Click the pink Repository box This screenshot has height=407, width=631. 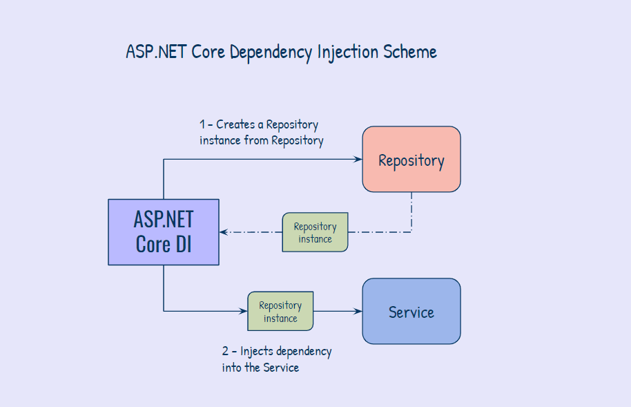tap(411, 159)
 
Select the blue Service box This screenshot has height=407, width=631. tap(411, 311)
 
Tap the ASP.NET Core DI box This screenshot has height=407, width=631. tap(164, 232)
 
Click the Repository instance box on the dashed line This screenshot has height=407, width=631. tap(315, 232)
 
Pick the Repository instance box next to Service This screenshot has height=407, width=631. tap(280, 311)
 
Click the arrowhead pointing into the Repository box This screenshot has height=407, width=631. tap(358, 159)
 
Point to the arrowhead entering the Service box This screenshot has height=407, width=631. tap(358, 311)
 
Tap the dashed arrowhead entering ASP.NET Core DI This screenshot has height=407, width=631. tap(224, 232)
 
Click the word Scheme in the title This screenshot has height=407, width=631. tap(411, 52)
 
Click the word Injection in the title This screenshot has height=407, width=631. tap(347, 53)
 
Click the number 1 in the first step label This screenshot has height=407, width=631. tap(202, 125)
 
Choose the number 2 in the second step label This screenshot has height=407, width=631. tap(225, 352)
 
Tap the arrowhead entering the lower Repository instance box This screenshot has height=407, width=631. tap(244, 311)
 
